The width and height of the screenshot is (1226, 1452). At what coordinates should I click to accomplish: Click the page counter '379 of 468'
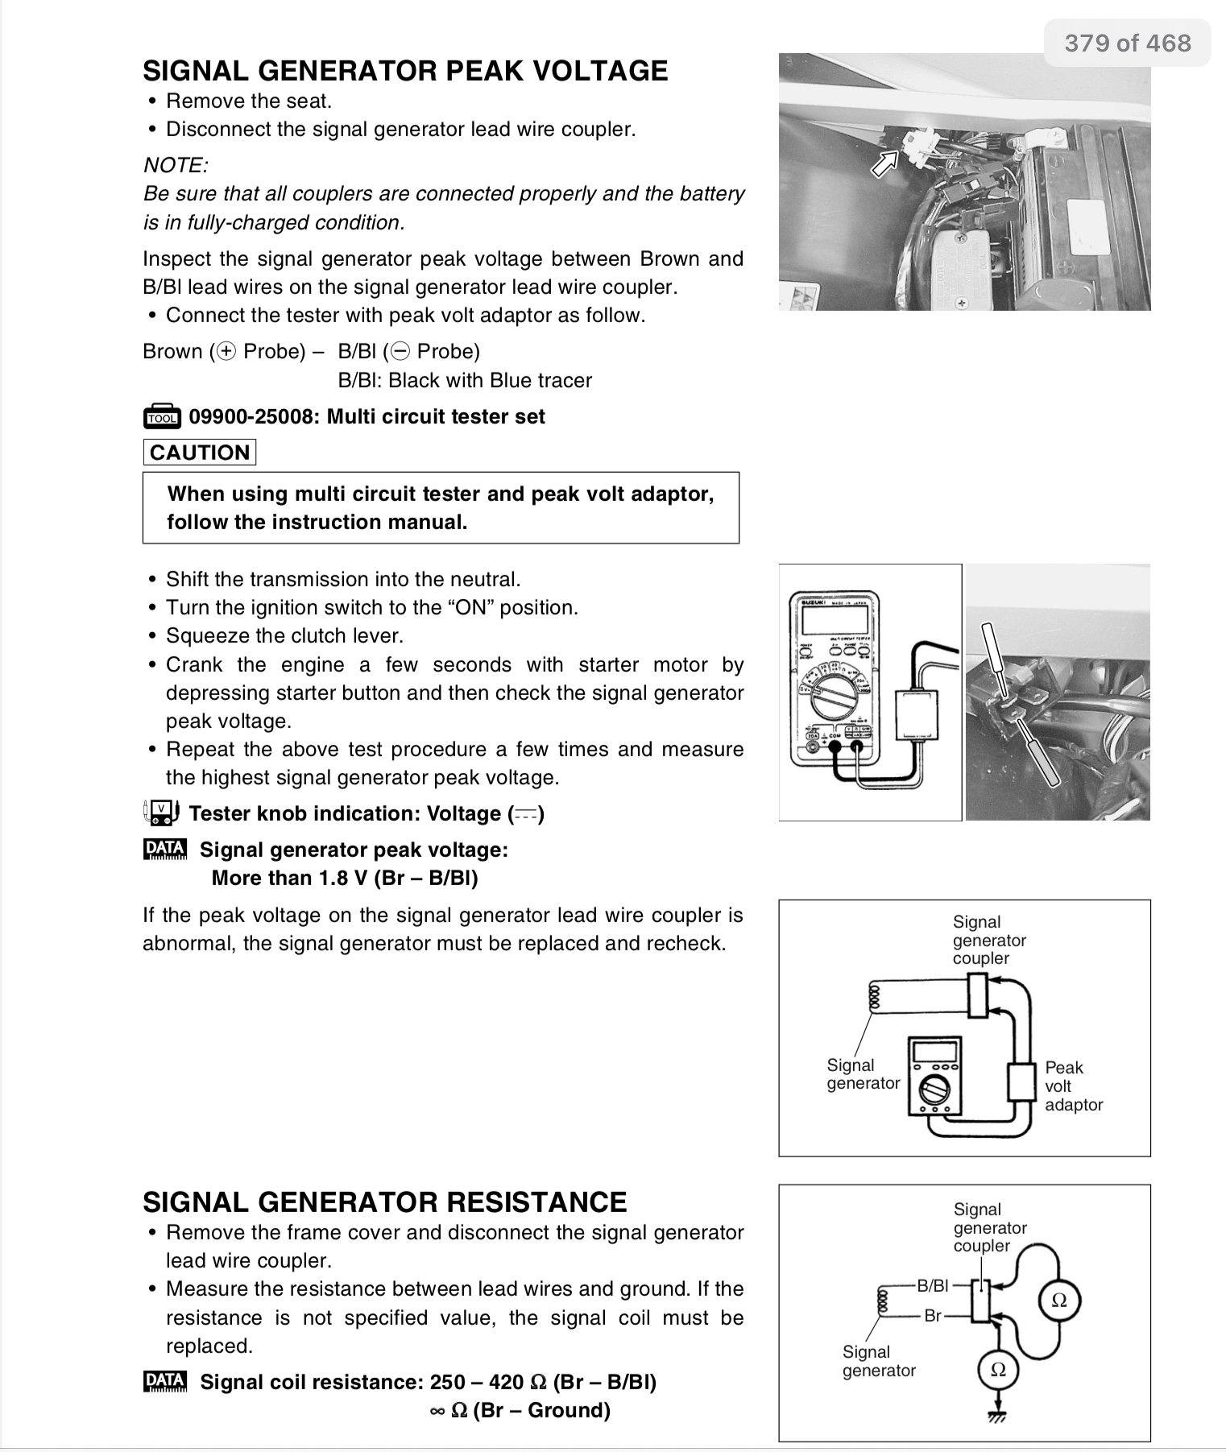1127,43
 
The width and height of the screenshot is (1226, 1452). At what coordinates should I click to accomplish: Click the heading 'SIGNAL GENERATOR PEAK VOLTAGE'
405,71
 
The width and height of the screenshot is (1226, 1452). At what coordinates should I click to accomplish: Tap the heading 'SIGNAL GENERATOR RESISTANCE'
384,1202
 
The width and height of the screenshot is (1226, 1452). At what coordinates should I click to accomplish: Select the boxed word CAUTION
200,453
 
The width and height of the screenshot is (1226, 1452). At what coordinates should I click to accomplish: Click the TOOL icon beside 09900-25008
162,417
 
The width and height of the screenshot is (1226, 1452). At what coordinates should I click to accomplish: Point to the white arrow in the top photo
885,163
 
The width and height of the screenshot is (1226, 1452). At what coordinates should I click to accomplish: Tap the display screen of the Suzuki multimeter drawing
835,619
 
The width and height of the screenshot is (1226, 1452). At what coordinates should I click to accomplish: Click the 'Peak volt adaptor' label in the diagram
1072,1086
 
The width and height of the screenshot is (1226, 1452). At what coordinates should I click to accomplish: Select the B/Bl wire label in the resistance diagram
933,1285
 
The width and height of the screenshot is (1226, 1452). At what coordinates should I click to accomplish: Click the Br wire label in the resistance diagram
933,1316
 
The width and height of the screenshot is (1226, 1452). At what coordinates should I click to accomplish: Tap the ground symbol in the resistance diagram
997,1414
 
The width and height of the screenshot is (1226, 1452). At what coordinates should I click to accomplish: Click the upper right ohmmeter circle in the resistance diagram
1059,1300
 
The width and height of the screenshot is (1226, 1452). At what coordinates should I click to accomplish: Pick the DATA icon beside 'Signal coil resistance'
165,1382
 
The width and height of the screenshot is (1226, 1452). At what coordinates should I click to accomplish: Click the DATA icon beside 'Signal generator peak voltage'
165,850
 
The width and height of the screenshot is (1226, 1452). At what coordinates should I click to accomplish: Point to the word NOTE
176,165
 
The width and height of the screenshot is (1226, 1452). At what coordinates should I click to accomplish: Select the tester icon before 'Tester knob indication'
160,813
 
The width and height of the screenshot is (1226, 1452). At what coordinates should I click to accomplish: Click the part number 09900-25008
253,417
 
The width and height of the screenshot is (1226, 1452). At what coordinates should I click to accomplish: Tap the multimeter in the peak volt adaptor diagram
934,1076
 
